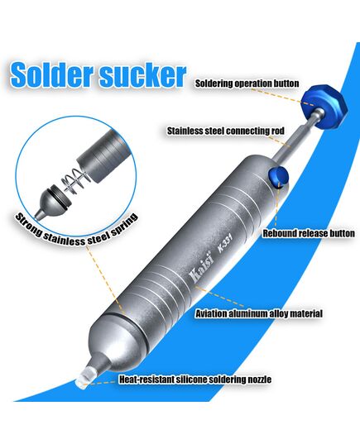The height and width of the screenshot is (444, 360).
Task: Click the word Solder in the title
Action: [52, 74]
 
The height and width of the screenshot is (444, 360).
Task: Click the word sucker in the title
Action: [143, 75]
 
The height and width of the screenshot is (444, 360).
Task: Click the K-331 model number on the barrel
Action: [225, 245]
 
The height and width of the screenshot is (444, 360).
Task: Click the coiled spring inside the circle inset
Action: [74, 181]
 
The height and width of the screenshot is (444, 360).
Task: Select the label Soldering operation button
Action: [247, 84]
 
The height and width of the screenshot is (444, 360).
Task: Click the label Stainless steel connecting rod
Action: [226, 131]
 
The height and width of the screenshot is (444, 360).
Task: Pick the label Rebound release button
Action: [309, 233]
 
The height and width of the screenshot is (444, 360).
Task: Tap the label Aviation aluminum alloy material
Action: [259, 313]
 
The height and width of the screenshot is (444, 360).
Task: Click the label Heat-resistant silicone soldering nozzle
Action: [195, 380]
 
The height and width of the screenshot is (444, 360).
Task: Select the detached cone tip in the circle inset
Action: [53, 203]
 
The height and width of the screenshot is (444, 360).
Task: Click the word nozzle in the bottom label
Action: [259, 380]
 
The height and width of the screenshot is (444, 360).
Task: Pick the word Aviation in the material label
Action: [211, 313]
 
